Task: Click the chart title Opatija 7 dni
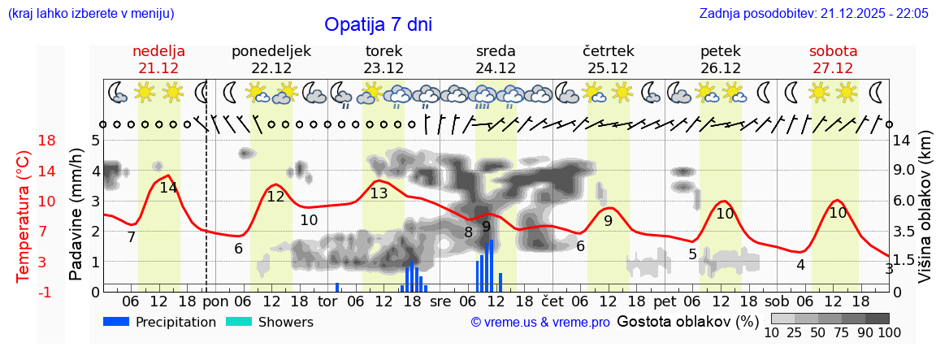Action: pyautogui.click(x=378, y=24)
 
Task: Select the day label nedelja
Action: pyautogui.click(x=159, y=51)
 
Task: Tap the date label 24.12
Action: pyautogui.click(x=496, y=68)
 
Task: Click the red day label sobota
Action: pyautogui.click(x=833, y=51)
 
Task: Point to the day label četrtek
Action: pyautogui.click(x=609, y=51)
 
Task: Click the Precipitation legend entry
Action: pyautogui.click(x=159, y=322)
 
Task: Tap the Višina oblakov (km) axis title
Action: pyautogui.click(x=924, y=216)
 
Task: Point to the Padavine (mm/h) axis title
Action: pyautogui.click(x=76, y=215)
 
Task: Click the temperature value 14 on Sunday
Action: pyautogui.click(x=168, y=188)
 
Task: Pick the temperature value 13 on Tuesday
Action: pyautogui.click(x=379, y=193)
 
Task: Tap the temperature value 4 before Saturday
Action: pyautogui.click(x=800, y=265)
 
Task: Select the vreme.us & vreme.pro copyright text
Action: pyautogui.click(x=539, y=323)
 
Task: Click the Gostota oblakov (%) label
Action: pyautogui.click(x=687, y=322)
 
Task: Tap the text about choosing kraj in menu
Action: pyautogui.click(x=91, y=14)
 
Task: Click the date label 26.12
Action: pyautogui.click(x=720, y=68)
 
